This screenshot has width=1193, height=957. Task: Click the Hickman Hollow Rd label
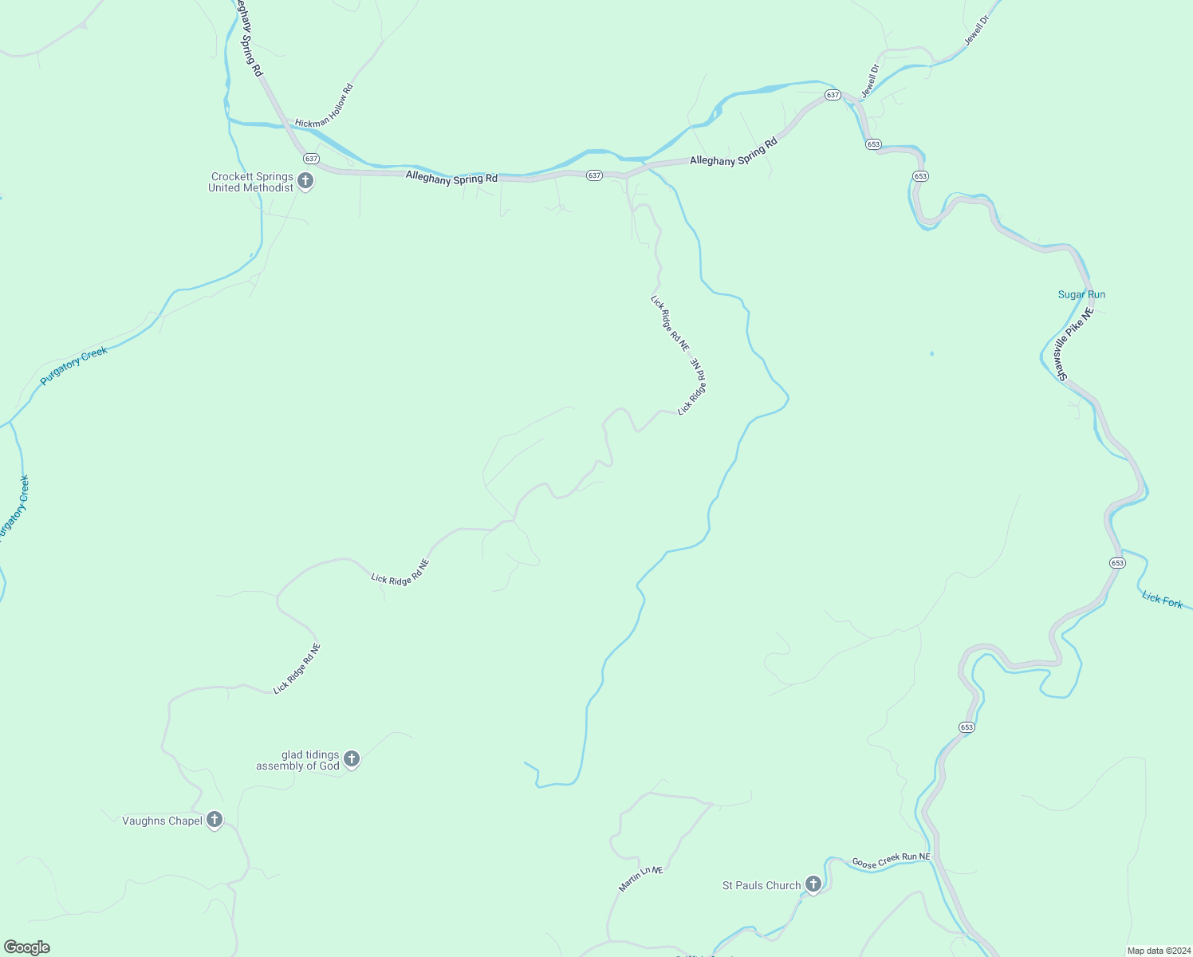click(324, 105)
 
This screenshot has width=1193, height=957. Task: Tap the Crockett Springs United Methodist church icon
click(305, 182)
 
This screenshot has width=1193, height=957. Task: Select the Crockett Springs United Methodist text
click(251, 183)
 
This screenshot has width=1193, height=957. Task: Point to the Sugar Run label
click(1081, 295)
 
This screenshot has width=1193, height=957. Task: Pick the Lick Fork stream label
click(1162, 600)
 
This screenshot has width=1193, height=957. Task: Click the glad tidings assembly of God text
click(297, 760)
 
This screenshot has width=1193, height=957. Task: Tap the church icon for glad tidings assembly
click(352, 759)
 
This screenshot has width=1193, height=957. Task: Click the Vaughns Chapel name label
click(162, 821)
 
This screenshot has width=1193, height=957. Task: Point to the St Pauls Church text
click(761, 886)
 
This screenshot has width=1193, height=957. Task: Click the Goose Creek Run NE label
click(891, 861)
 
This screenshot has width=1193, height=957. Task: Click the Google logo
click(27, 947)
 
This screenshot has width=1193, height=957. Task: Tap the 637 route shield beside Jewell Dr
click(833, 95)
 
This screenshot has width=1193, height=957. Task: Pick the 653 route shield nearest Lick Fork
click(1117, 563)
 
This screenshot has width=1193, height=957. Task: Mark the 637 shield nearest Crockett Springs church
click(311, 159)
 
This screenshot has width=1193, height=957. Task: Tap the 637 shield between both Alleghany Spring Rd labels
click(594, 175)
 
